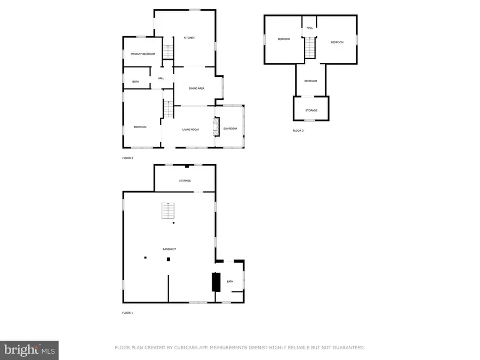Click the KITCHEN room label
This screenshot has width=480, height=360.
point(189,38)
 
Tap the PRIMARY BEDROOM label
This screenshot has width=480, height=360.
point(143,54)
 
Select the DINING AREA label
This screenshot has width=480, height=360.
point(197,88)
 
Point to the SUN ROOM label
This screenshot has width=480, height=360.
point(230,129)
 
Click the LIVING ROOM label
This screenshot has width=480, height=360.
point(190,129)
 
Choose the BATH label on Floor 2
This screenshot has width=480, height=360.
point(135,82)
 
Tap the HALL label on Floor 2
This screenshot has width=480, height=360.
point(161,78)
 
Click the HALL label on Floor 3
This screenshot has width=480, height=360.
point(309,28)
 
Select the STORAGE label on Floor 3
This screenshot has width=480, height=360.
point(311,110)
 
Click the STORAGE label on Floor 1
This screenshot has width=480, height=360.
point(185,181)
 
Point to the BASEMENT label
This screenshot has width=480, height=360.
point(170,249)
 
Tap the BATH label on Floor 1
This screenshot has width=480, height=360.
point(230,281)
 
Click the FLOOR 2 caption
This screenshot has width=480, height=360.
point(127,158)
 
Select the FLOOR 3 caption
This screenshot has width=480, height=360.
point(298,130)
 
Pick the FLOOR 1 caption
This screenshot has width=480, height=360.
point(127,313)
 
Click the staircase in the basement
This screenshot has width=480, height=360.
point(168,212)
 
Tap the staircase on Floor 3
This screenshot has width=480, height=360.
point(310,49)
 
